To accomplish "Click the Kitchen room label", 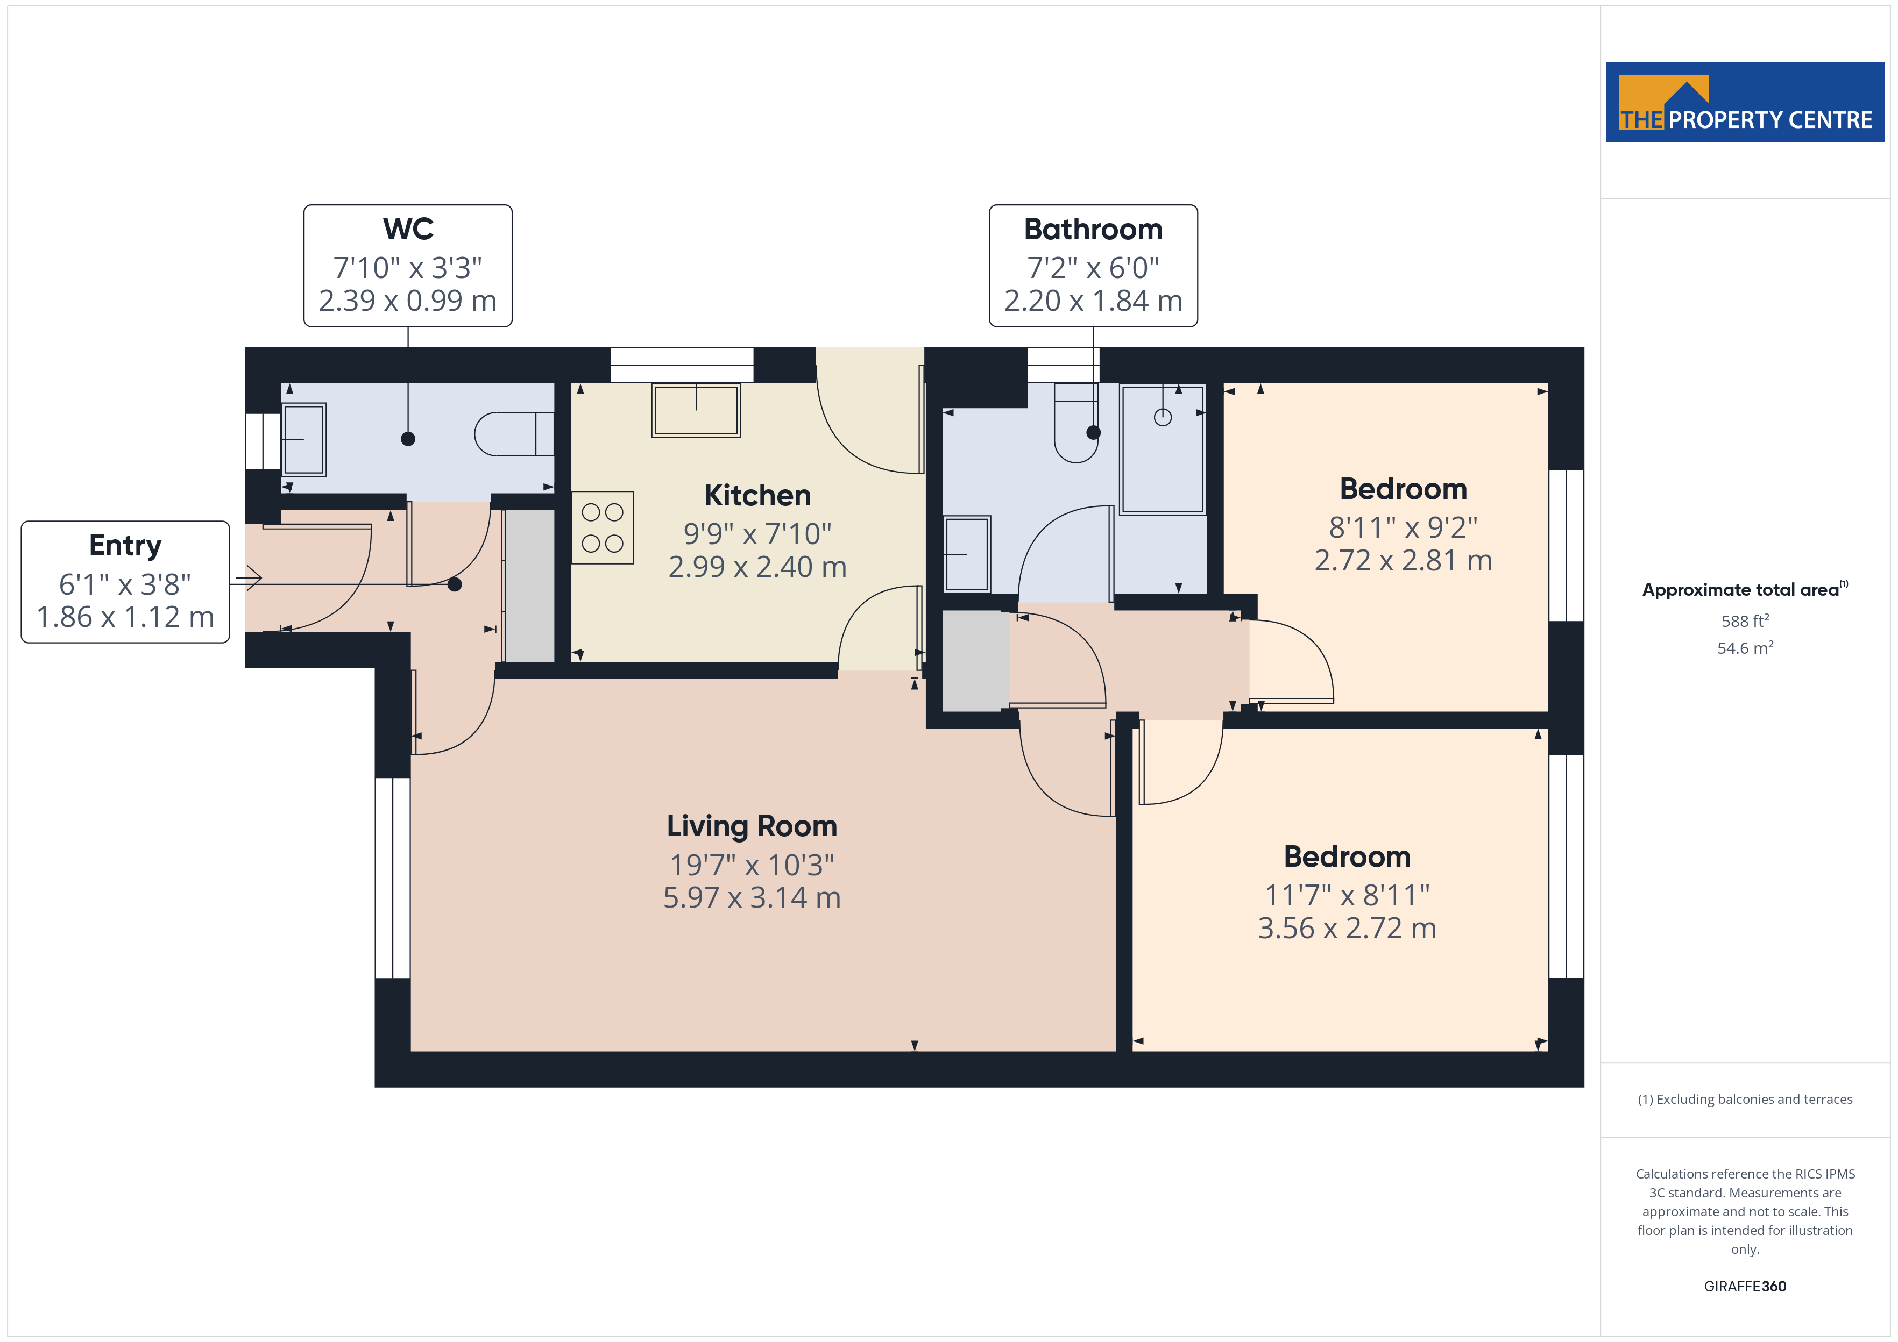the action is pyautogui.click(x=757, y=495).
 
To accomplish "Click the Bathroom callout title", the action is pyautogui.click(x=1093, y=229).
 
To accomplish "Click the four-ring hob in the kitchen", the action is pyautogui.click(x=603, y=528).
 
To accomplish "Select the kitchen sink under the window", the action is pyautogui.click(x=696, y=410).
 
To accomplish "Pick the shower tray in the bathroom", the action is pyautogui.click(x=1162, y=449).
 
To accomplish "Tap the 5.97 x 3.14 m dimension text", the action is pyautogui.click(x=752, y=897).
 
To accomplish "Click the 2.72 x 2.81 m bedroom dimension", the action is pyautogui.click(x=1403, y=560).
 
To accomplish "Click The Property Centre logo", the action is pyautogui.click(x=1744, y=103).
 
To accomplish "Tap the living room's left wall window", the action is pyautogui.click(x=393, y=877).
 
